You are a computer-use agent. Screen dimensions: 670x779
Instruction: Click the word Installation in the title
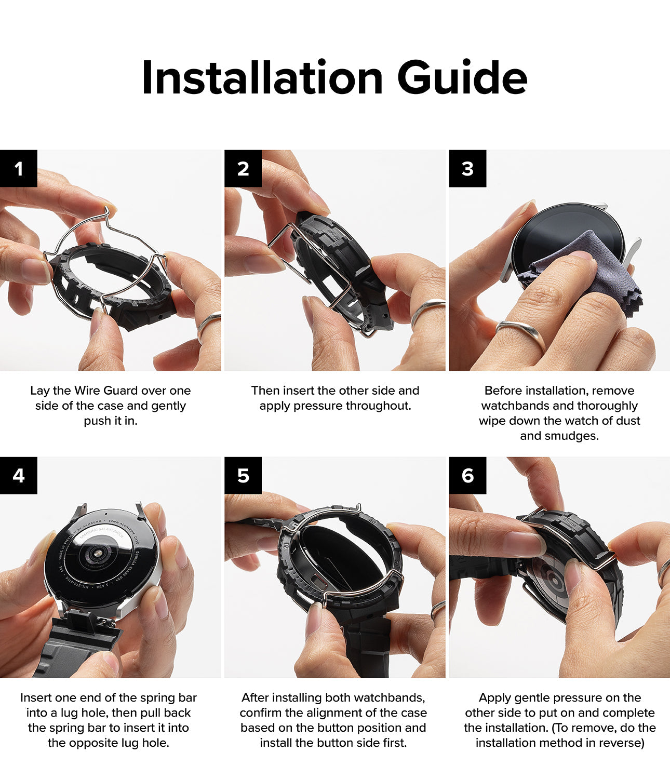(262, 77)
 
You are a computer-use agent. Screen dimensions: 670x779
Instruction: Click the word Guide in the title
(462, 77)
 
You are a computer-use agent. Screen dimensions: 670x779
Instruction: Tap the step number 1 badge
(19, 168)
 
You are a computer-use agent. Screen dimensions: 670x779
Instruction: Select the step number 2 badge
(243, 168)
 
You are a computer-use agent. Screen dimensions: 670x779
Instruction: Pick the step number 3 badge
(467, 168)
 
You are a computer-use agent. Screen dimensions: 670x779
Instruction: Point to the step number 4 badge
(19, 476)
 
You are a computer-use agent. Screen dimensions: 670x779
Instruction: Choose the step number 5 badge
(243, 476)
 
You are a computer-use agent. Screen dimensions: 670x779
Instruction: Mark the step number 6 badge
(467, 476)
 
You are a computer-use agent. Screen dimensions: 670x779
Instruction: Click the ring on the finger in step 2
(427, 309)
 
